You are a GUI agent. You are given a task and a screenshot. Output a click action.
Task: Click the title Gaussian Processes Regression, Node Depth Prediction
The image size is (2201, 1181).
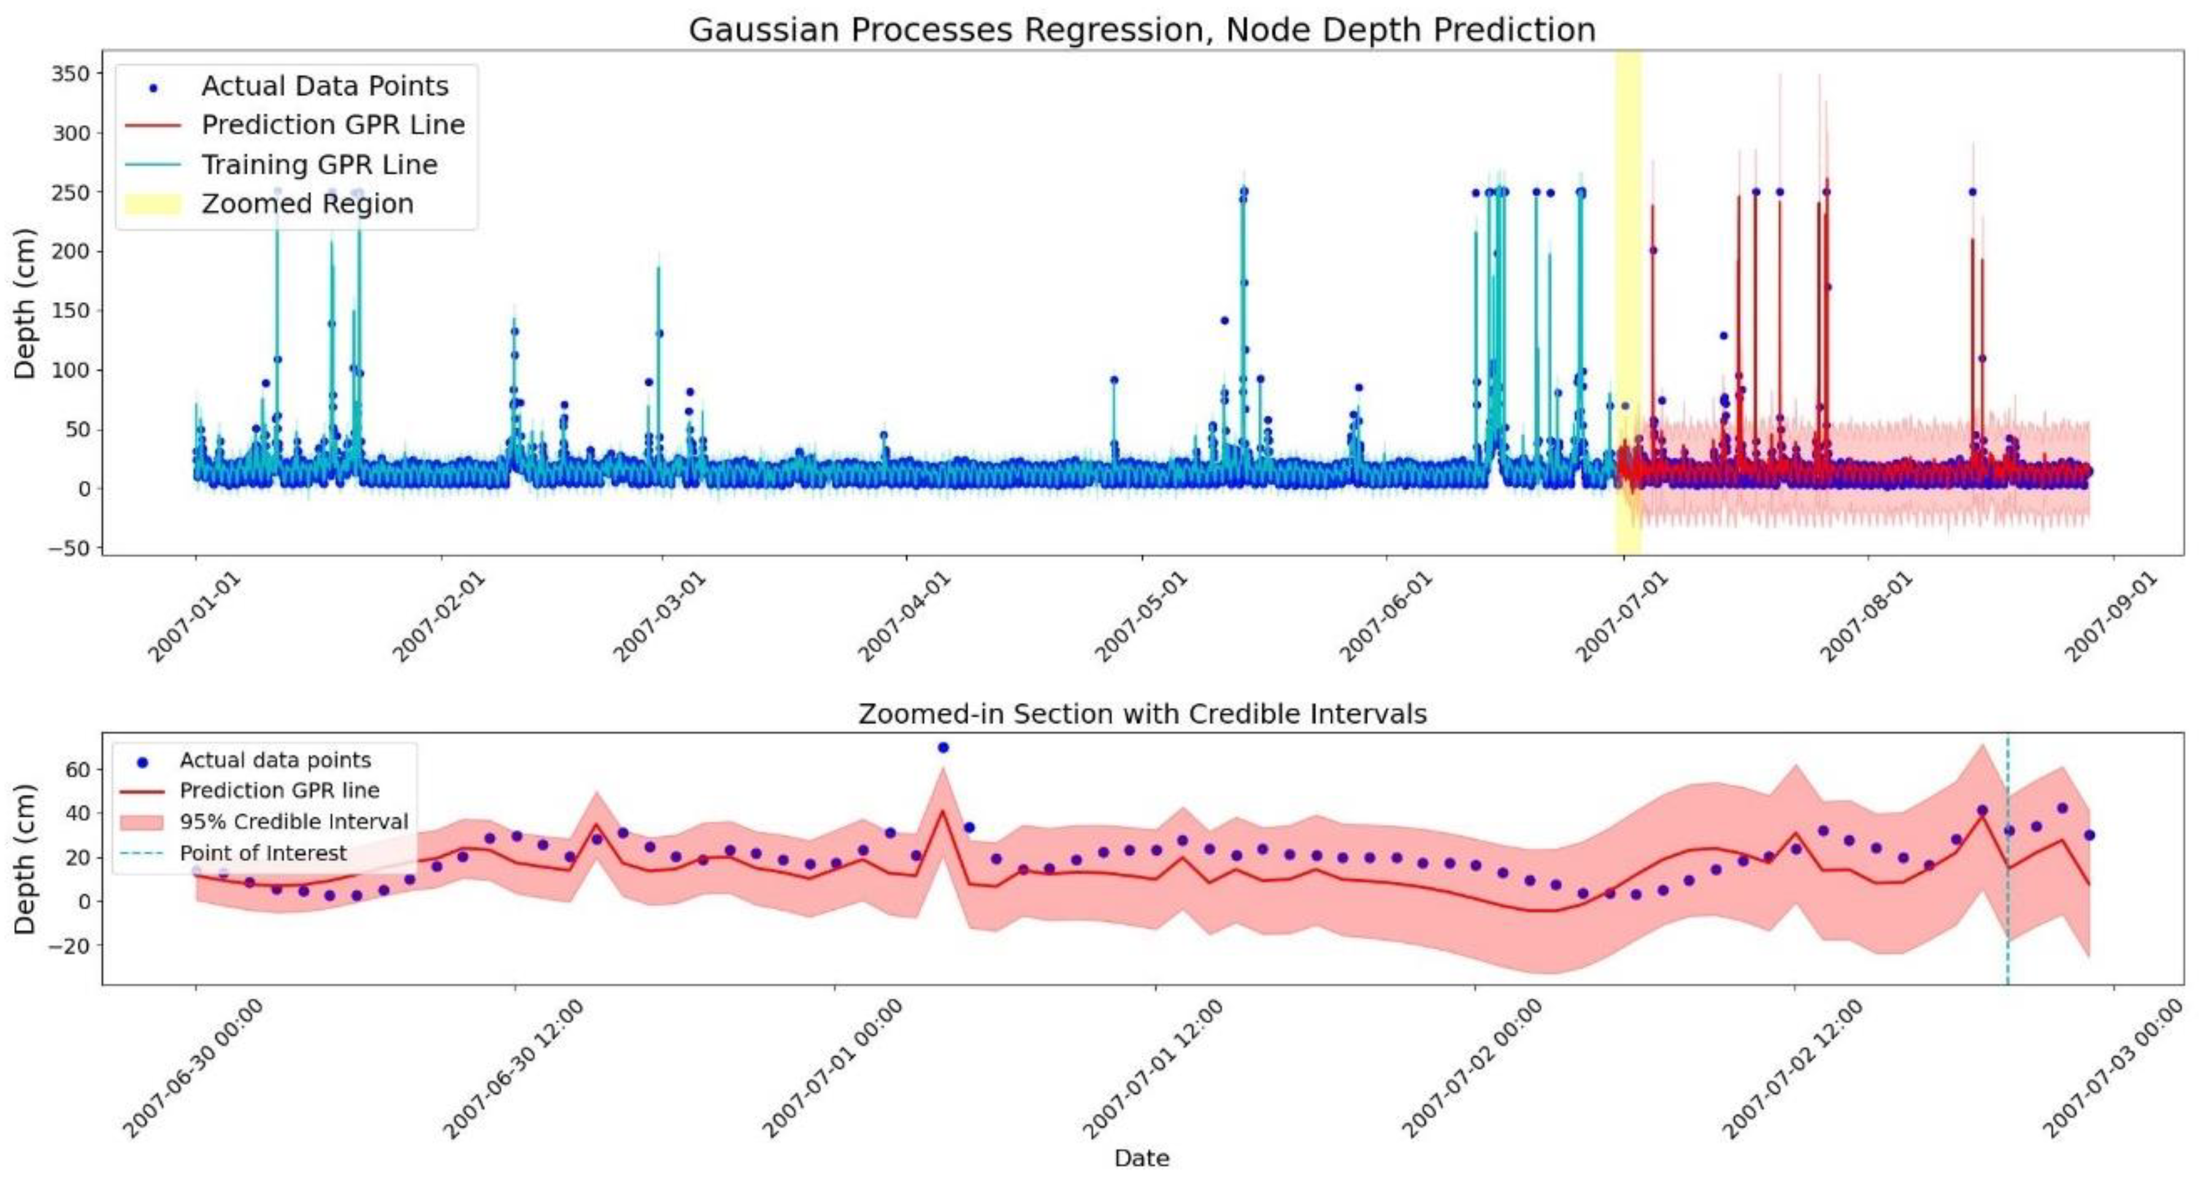(1142, 30)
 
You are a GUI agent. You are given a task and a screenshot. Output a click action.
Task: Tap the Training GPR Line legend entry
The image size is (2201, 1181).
(319, 164)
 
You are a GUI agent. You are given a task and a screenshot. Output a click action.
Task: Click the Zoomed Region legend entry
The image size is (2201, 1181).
(307, 203)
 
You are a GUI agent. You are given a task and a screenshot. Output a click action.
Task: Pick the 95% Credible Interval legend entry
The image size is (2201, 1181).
(293, 821)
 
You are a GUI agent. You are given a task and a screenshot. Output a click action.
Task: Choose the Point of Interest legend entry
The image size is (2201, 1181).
(263, 853)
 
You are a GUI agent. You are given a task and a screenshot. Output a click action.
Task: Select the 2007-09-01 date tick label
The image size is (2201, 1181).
(2110, 617)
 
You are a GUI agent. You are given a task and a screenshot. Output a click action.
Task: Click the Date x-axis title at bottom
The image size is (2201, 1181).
(1142, 1158)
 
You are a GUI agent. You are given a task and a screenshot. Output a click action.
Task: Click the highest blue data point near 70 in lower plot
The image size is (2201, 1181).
(942, 747)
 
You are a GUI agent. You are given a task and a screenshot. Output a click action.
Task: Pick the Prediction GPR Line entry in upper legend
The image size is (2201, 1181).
(332, 124)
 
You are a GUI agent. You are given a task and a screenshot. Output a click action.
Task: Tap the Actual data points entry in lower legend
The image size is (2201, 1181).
(274, 760)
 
